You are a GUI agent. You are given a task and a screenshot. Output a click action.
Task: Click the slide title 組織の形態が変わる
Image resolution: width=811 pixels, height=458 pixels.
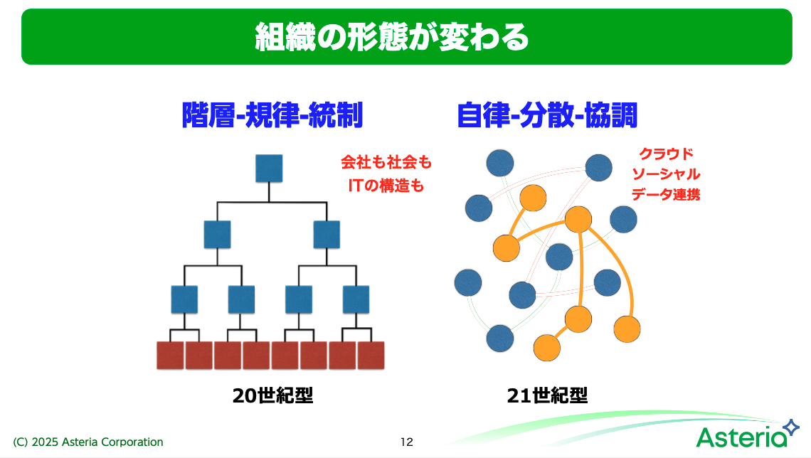(392, 37)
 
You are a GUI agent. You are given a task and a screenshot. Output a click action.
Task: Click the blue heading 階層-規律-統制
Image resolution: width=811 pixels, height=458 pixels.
(273, 115)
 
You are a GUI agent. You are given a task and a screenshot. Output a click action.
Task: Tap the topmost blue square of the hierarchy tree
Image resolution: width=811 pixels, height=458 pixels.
(269, 168)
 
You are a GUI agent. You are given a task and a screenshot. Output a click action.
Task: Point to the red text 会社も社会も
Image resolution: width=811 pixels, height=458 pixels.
(386, 163)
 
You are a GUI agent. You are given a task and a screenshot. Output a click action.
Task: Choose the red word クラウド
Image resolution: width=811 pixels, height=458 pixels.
(665, 154)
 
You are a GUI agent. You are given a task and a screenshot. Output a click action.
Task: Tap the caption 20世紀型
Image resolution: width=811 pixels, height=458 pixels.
(272, 395)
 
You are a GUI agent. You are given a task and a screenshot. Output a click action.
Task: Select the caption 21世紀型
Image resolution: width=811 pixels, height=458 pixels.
(547, 395)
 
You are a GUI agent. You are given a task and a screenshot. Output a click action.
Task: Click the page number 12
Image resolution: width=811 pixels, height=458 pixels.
(406, 442)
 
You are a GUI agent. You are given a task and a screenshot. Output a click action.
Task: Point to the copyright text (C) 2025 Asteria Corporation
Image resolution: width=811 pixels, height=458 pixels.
(88, 442)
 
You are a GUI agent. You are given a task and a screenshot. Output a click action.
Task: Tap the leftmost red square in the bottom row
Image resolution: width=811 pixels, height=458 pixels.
(171, 355)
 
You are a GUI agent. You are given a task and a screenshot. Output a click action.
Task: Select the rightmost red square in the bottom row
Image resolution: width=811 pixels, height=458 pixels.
(371, 355)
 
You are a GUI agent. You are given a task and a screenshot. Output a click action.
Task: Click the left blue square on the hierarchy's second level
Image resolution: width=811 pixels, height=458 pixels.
(217, 234)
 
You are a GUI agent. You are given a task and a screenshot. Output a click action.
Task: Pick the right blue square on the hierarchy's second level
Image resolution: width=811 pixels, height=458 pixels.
(327, 234)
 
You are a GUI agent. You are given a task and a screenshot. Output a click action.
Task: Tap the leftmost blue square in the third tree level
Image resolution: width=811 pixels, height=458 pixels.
(184, 299)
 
